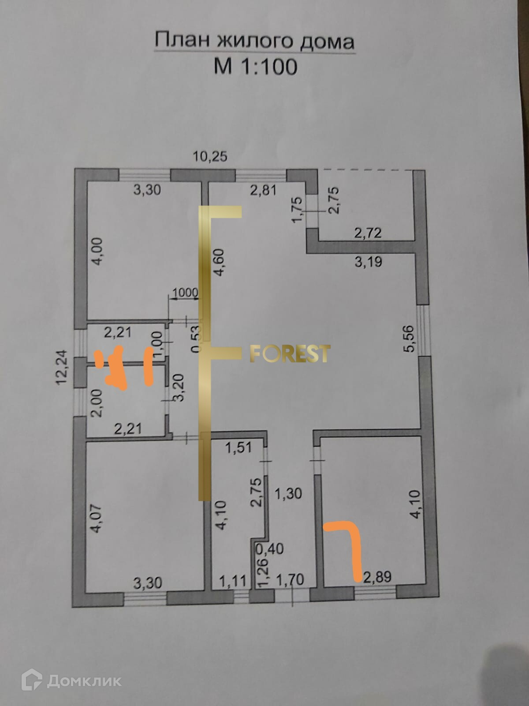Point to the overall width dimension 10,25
[x=211, y=156]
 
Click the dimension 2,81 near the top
[x=263, y=190]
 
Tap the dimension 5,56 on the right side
[x=409, y=338]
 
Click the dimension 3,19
[x=368, y=262]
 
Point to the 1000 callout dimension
[x=185, y=292]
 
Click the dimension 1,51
[x=238, y=447]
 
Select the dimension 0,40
[x=269, y=549]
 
